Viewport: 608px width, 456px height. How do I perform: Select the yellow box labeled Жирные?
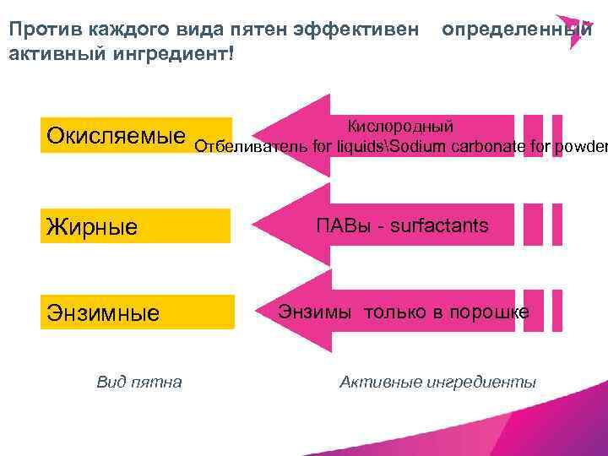(x=135, y=225)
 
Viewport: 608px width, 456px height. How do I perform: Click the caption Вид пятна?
(x=139, y=382)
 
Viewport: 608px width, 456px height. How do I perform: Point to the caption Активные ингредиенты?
(x=437, y=382)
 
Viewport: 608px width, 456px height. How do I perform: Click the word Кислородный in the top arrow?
(x=400, y=126)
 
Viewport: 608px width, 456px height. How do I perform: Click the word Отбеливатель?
(x=251, y=148)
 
